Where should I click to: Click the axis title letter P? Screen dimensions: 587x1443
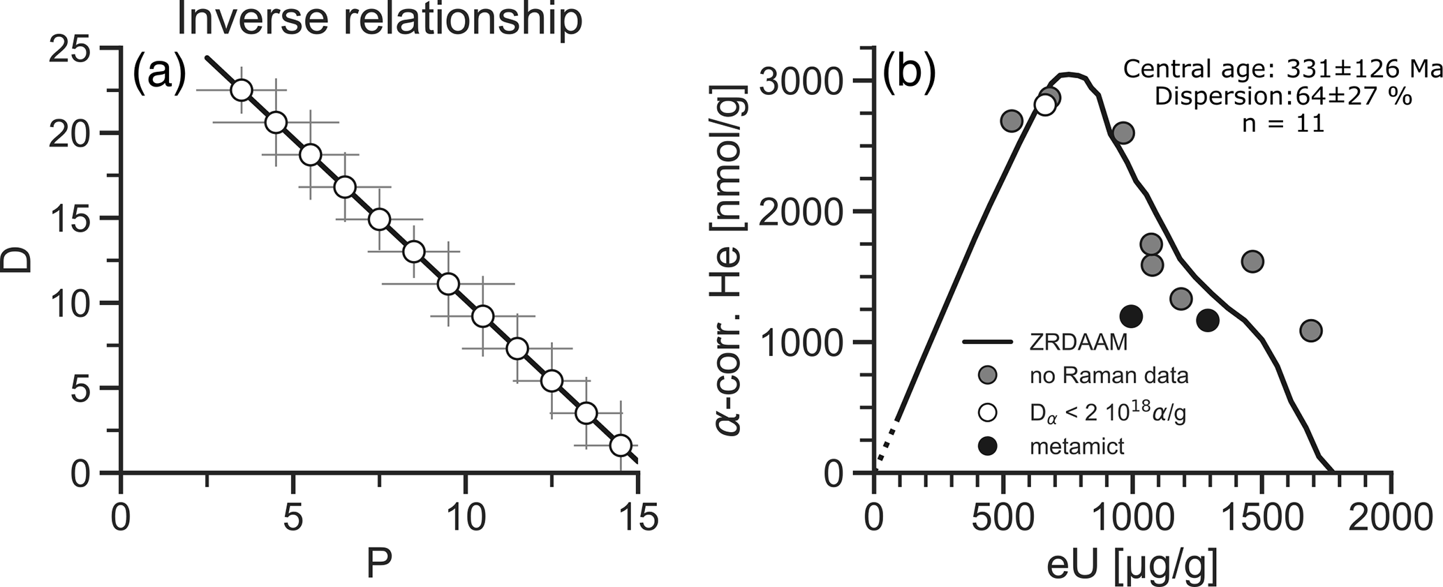coord(379,563)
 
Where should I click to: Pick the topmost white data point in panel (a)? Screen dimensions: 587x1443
coord(242,90)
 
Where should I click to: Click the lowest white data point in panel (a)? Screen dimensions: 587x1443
coord(621,445)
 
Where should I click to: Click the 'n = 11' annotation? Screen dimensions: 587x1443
coord(1283,124)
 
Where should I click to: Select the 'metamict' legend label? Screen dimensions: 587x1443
coord(1076,446)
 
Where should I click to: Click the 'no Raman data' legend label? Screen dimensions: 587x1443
coord(1109,376)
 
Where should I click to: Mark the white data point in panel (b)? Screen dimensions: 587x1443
coord(1045,104)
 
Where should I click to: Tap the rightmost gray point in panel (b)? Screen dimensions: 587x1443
coord(1311,330)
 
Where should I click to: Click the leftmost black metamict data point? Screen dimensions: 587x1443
coord(1131,316)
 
